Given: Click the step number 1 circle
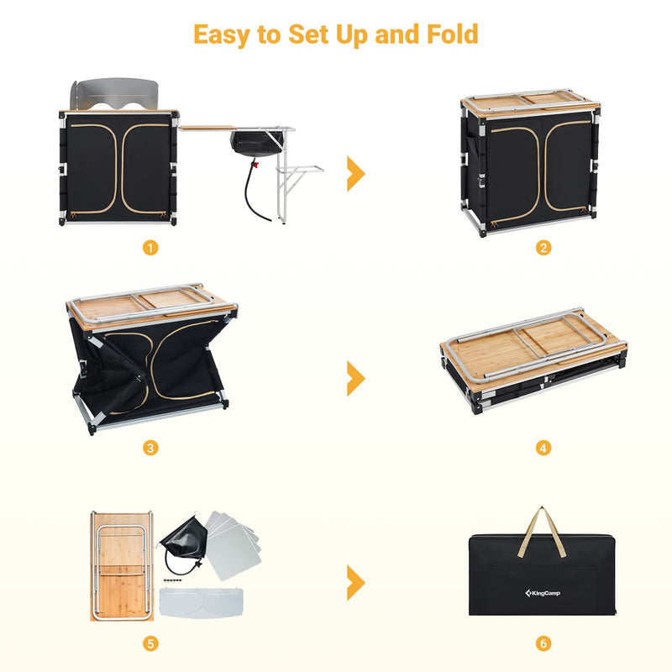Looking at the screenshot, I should click(x=150, y=248).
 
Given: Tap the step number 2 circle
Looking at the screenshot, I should click(x=543, y=248).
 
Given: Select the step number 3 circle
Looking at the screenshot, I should click(x=150, y=448).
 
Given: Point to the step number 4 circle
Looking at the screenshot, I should click(x=543, y=448).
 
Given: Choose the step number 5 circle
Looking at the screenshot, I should click(x=150, y=644).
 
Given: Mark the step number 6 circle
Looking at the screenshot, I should click(x=543, y=644).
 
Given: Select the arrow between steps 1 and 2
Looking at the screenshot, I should click(x=356, y=173).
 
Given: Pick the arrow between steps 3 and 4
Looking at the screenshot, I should click(x=356, y=379).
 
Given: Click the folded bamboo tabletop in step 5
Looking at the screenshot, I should click(x=121, y=567).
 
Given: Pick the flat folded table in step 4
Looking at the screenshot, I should click(x=532, y=357).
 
